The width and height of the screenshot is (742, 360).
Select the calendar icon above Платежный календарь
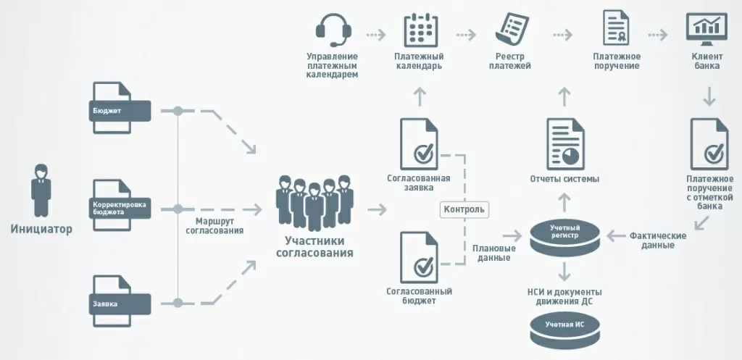(x=419, y=30)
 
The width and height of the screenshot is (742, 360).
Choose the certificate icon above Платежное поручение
(x=615, y=30)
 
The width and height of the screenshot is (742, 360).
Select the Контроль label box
(x=464, y=209)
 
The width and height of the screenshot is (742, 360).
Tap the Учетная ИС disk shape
(x=564, y=327)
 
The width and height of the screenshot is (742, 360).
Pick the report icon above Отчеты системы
(x=564, y=146)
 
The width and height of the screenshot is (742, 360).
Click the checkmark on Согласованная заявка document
(x=422, y=153)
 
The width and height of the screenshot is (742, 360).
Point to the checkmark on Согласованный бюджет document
(x=422, y=267)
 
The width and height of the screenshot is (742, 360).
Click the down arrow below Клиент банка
(x=710, y=96)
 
